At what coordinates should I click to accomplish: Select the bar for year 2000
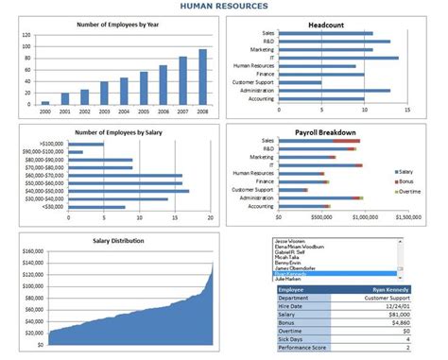point(45,102)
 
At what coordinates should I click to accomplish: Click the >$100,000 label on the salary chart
point(50,144)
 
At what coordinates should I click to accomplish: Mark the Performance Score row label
point(301,348)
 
